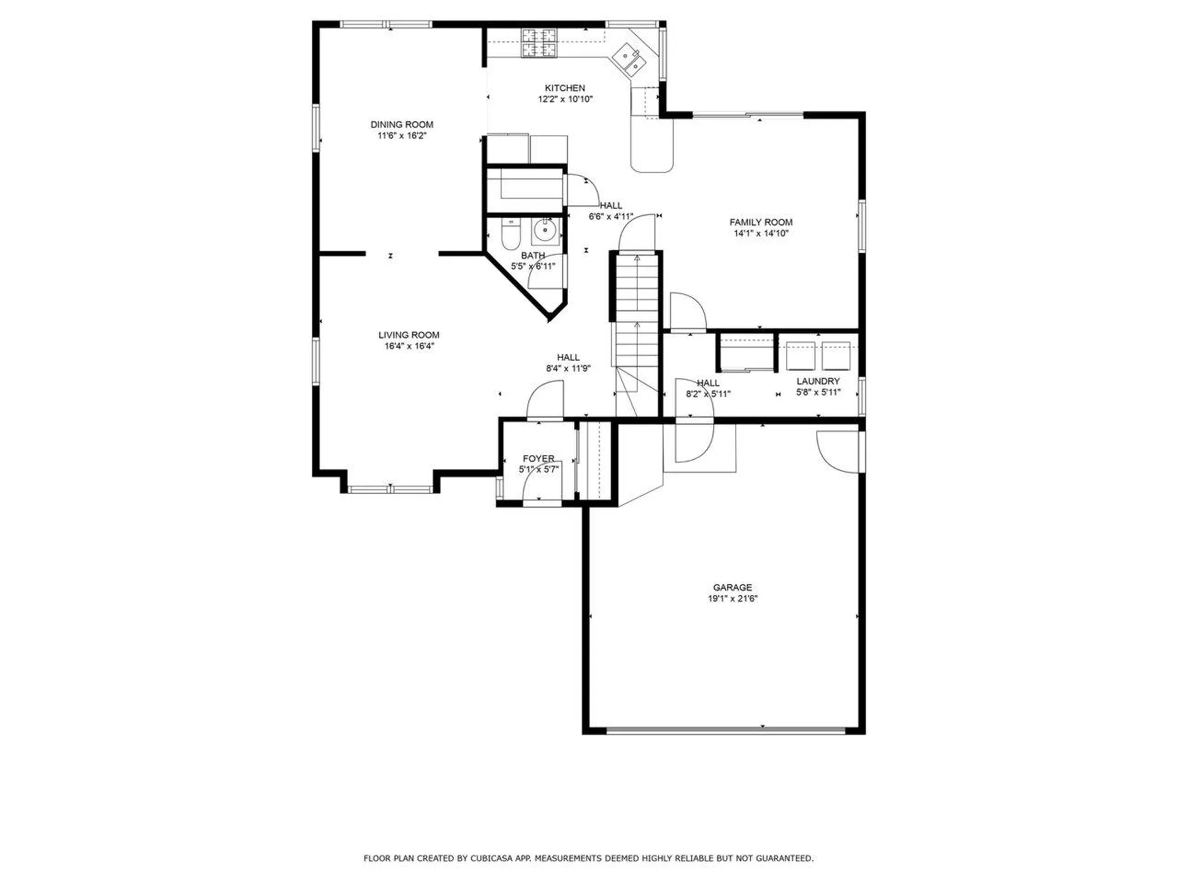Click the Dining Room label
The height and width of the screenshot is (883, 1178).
[x=402, y=124]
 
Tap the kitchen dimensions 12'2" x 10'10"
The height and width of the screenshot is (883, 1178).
[x=565, y=99]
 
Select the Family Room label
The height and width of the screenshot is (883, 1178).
[x=761, y=222]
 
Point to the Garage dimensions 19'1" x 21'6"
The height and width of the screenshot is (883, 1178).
[x=733, y=598]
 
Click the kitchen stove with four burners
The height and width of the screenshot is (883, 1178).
[x=539, y=43]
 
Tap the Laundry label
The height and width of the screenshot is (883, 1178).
[x=818, y=381]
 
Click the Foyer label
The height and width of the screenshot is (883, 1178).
[x=539, y=459]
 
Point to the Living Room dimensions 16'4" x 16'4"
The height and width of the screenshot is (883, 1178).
[x=409, y=346]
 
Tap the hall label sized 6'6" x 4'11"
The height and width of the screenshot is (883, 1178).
[x=610, y=205]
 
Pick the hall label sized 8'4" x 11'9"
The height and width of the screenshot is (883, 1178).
[x=568, y=357]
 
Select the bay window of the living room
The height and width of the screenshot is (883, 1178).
[x=390, y=489]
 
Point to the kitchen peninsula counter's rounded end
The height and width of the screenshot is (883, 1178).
[x=652, y=161]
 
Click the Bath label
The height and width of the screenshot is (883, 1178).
[x=533, y=256]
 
